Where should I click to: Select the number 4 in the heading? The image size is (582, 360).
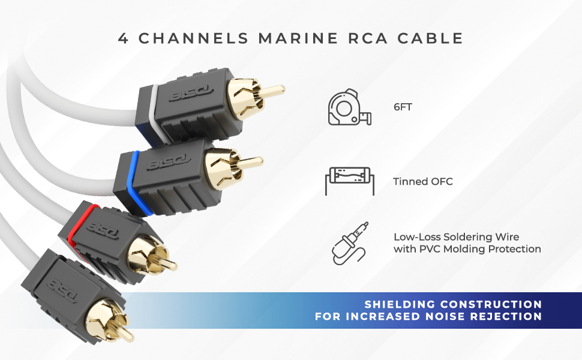(124, 38)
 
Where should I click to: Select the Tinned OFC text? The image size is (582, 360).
(423, 181)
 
